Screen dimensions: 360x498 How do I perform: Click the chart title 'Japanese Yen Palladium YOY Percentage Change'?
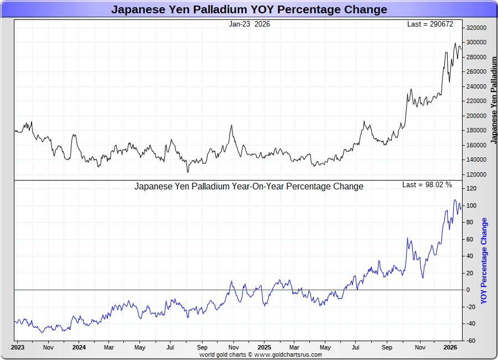(249, 9)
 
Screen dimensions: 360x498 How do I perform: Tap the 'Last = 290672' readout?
(429, 24)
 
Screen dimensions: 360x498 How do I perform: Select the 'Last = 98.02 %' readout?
(427, 184)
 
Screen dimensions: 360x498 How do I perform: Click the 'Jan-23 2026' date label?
(249, 24)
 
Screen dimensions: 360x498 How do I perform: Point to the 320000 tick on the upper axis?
(476, 28)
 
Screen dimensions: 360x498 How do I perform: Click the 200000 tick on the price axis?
(476, 116)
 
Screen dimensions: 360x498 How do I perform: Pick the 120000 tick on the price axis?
(476, 174)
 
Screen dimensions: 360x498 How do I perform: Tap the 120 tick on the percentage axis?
(471, 189)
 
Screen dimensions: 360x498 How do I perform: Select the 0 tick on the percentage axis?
(468, 290)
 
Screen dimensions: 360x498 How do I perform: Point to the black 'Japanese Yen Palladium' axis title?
(494, 100)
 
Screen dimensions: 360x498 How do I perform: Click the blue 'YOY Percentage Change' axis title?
(484, 261)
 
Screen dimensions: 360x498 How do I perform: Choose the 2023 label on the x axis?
(18, 348)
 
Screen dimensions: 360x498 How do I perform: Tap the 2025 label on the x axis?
(264, 348)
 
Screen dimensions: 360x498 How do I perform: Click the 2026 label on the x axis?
(450, 348)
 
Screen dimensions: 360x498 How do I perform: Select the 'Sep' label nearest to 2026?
(387, 348)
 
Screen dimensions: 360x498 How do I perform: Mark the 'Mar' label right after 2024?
(108, 348)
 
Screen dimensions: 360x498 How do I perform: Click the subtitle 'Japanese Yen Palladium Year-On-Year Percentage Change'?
(249, 187)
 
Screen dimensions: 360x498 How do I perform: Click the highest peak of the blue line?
(455, 200)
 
